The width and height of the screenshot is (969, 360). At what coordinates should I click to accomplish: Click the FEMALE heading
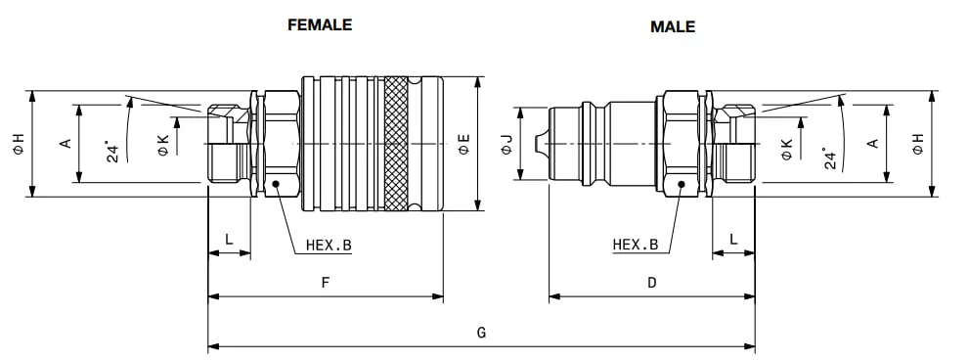tap(320, 24)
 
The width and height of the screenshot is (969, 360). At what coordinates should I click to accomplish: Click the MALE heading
tap(673, 26)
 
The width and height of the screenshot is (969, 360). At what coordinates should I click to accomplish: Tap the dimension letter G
tap(481, 333)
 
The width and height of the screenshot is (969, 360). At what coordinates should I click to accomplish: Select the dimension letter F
tap(326, 283)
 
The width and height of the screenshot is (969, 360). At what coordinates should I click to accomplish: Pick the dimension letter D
tap(652, 283)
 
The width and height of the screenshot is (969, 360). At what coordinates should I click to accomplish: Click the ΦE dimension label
tap(464, 144)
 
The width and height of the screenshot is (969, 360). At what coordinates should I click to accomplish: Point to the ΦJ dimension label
tap(507, 144)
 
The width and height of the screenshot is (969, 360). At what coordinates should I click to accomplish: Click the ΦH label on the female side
tap(20, 144)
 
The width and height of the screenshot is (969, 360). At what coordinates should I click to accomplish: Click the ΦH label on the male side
tap(918, 144)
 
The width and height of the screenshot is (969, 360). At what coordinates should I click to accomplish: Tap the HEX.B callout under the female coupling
tap(329, 245)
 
